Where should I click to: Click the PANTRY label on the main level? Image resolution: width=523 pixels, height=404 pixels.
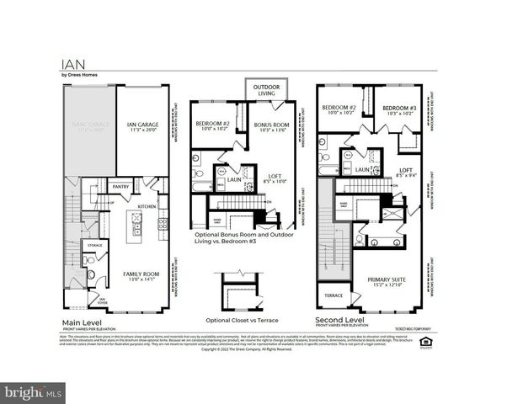point(120,187)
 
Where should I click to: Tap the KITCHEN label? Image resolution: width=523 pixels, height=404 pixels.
point(147,205)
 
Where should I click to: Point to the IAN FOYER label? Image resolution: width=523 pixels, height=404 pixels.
point(102,300)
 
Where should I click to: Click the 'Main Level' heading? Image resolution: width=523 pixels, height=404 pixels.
point(83,322)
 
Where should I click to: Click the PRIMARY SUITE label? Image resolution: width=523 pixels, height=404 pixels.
point(387,280)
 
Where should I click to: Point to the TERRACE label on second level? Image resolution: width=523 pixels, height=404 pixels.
point(334,295)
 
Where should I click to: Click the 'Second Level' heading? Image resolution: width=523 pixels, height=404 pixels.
point(339,322)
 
